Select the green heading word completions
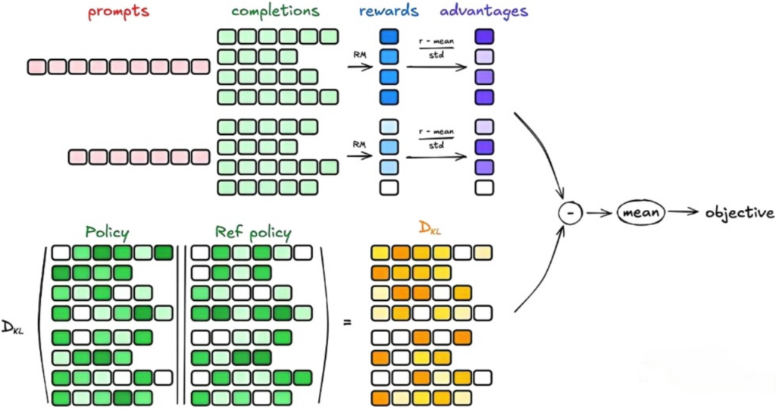(277, 12)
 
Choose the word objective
(739, 213)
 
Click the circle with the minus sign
(570, 214)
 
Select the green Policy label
(107, 232)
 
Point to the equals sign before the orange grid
(348, 323)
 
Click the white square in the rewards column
(389, 186)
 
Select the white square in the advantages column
(483, 186)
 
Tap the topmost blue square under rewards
(389, 36)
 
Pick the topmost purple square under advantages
(483, 36)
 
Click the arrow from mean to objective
(683, 214)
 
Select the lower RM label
(360, 142)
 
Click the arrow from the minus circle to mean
(599, 214)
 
